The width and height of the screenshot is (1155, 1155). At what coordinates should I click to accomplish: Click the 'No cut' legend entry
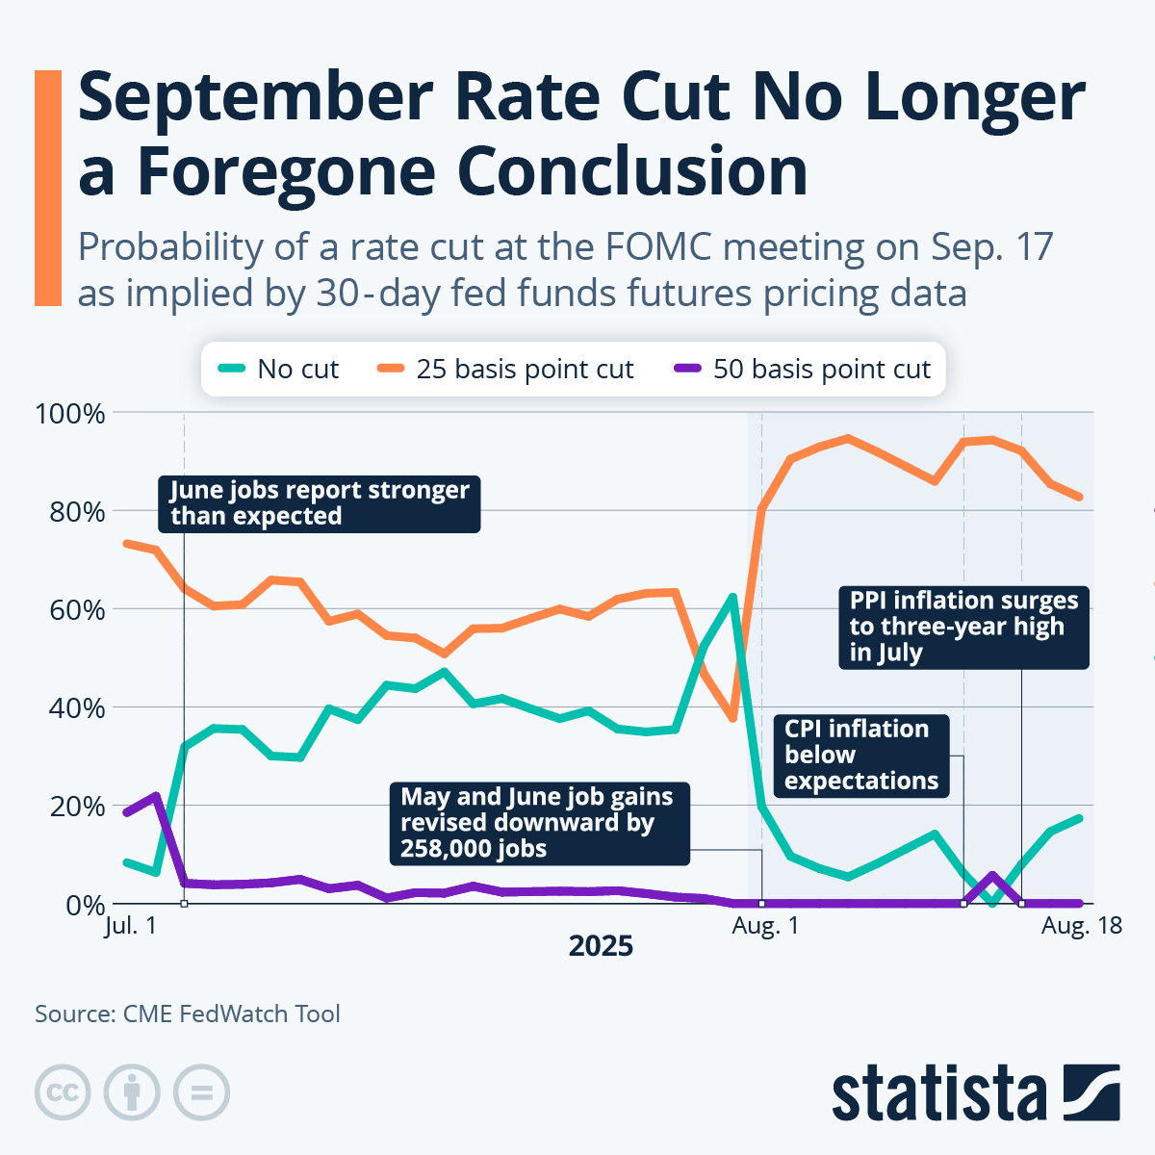[280, 370]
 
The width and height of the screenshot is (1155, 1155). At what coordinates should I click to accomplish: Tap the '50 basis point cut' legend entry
[803, 370]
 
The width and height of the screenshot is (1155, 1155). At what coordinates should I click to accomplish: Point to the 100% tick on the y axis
[70, 414]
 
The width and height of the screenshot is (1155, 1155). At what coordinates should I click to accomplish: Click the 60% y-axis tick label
[74, 610]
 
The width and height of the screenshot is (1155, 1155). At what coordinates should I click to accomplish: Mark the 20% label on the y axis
[74, 807]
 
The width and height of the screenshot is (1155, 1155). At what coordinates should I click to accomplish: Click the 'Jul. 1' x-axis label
[130, 926]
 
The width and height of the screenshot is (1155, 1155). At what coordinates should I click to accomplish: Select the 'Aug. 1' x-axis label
[765, 926]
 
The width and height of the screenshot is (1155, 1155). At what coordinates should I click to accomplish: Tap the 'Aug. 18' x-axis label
[1082, 926]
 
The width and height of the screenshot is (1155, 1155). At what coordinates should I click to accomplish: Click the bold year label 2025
[601, 946]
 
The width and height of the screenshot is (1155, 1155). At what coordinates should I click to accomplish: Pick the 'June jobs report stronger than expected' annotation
[319, 503]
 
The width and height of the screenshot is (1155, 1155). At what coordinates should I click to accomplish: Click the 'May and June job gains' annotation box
[538, 823]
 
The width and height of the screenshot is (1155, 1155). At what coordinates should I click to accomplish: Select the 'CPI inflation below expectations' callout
[860, 756]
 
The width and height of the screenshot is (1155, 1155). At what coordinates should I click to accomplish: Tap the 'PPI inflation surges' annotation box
[963, 627]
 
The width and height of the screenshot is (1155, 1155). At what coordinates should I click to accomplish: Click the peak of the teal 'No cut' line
[733, 597]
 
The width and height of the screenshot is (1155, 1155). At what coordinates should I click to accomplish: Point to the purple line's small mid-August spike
[992, 875]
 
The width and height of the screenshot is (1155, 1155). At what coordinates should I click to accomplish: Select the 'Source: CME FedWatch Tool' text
[188, 1014]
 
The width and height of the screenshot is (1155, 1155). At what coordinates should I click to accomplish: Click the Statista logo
[975, 1092]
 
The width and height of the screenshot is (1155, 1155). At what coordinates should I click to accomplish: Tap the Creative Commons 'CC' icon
[63, 1092]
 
